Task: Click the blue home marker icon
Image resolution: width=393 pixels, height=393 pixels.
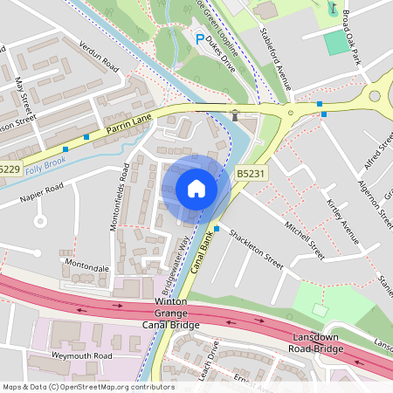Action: [196, 189]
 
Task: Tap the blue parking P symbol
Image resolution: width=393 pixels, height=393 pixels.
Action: [200, 39]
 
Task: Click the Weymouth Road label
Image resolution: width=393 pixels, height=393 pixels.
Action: [83, 356]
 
